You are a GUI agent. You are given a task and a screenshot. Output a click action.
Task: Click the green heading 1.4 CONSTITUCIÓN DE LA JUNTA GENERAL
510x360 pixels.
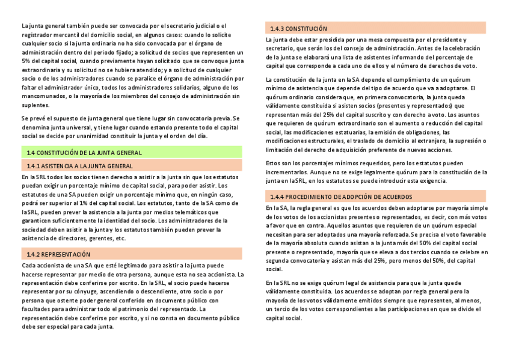point(84,153)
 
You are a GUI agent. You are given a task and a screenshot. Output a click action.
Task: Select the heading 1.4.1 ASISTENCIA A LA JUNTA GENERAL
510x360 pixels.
point(79,165)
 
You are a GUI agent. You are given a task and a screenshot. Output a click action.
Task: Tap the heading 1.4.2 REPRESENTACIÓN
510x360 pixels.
point(58,254)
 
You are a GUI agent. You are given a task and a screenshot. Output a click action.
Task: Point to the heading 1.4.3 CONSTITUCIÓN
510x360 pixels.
point(298,28)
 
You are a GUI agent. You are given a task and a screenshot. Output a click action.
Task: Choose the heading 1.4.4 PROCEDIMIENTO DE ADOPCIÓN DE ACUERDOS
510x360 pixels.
point(341,197)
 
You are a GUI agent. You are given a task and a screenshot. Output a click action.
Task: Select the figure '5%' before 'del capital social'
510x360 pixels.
point(26,61)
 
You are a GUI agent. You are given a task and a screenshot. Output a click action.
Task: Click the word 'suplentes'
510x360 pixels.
point(35,105)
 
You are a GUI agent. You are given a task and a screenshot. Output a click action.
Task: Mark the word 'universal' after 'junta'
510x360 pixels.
point(76,127)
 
